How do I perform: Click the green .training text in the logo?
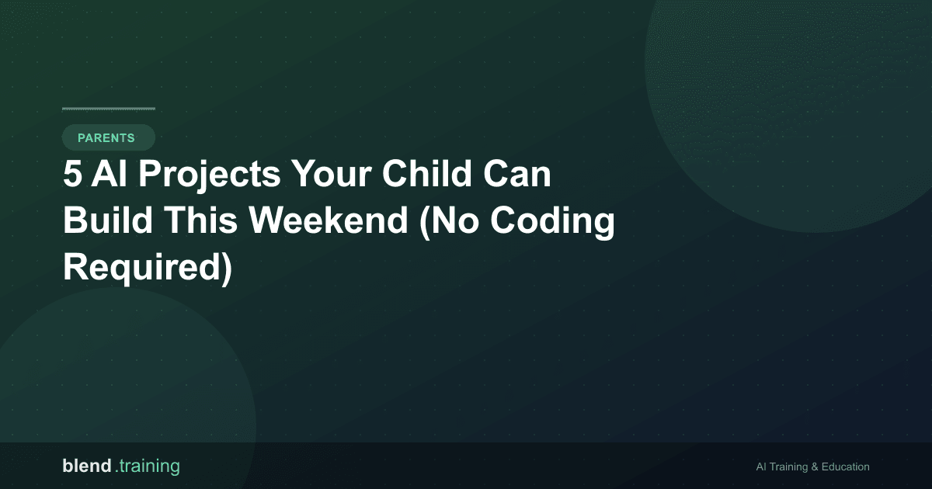148,467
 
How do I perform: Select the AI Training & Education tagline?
812,467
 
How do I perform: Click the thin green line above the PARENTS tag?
109,109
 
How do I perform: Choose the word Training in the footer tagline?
788,467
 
